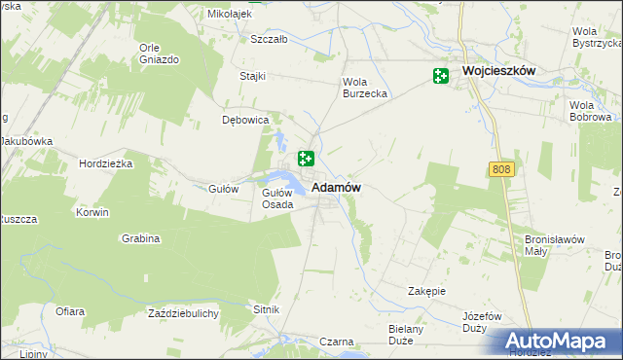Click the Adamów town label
click(337, 187)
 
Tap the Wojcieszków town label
click(500, 72)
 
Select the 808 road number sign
click(500, 170)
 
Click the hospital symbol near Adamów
click(306, 159)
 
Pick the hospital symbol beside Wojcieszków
click(441, 76)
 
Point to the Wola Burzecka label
click(365, 88)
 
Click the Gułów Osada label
click(277, 198)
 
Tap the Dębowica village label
click(245, 121)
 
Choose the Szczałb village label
click(269, 40)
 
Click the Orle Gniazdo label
click(160, 54)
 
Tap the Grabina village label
click(141, 238)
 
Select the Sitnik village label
click(267, 309)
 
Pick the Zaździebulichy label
click(183, 313)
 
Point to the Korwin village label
click(93, 211)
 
